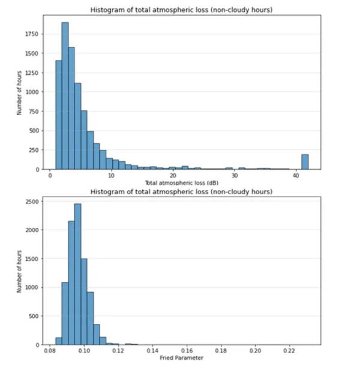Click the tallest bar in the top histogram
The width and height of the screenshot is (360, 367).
(65, 96)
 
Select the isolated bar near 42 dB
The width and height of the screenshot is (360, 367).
(305, 162)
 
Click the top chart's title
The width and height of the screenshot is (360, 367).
(183, 10)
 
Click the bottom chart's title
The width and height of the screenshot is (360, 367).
(183, 191)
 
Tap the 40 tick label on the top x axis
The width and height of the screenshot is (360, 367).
(296, 176)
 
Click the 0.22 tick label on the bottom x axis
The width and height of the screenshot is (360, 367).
(289, 351)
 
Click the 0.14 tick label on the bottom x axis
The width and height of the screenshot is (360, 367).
(152, 351)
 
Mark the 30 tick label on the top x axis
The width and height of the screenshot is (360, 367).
(234, 176)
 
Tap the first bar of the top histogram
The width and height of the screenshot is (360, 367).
(58, 115)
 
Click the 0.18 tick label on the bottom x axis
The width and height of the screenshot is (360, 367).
(221, 351)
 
